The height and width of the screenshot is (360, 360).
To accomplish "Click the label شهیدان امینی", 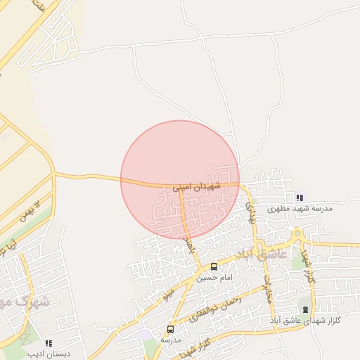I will [x=196, y=186].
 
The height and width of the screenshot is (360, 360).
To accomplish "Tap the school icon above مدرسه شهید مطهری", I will [x=300, y=198].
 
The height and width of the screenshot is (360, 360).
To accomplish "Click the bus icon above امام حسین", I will [x=214, y=267].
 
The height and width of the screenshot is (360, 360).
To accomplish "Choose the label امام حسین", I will [x=214, y=278].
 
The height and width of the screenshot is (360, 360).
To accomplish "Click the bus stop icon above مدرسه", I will [x=170, y=329].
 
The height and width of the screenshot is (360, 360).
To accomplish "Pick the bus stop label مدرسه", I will [x=171, y=340].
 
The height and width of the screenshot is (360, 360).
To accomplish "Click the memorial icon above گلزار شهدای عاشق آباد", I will [x=305, y=310].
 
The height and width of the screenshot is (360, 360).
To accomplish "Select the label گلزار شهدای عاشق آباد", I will [x=305, y=321].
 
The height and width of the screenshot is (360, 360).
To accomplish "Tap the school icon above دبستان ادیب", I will [x=48, y=342].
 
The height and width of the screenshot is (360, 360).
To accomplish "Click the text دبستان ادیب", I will [x=48, y=353].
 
